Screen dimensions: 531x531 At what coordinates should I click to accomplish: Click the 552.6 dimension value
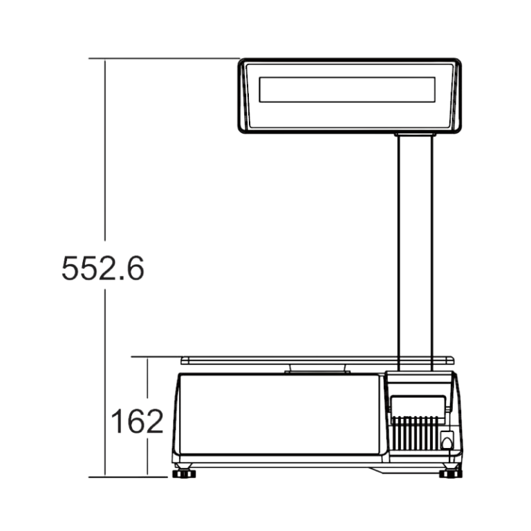tap(103, 268)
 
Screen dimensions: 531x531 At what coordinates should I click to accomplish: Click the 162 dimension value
tap(137, 421)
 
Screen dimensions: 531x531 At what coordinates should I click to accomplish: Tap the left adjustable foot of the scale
tap(184, 473)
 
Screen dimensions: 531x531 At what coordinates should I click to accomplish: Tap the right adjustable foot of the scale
tap(451, 473)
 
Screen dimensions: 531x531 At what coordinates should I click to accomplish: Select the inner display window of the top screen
tap(347, 90)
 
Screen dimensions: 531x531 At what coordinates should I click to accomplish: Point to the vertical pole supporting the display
tap(415, 249)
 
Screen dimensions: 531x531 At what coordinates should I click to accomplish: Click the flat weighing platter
tap(317, 360)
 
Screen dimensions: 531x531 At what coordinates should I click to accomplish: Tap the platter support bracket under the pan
tap(317, 369)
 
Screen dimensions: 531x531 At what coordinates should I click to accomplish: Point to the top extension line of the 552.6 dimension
tap(166, 59)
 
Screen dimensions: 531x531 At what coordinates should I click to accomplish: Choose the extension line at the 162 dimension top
tap(156, 357)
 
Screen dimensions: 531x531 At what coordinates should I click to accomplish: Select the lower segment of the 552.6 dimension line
tap(105, 380)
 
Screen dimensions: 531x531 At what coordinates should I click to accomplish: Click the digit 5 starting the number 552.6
tap(70, 268)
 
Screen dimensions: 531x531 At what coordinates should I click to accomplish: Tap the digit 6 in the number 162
tap(136, 421)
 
